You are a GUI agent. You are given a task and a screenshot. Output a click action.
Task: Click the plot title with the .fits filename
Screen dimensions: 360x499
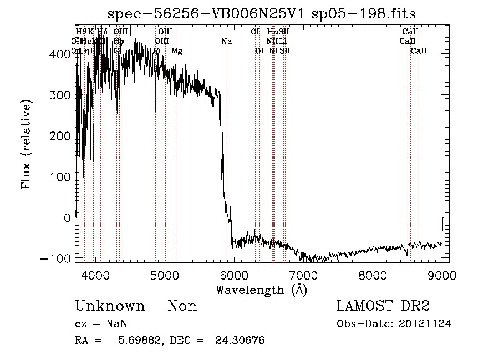(x=261, y=13)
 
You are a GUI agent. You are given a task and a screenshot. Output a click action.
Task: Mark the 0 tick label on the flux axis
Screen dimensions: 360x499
(x=67, y=217)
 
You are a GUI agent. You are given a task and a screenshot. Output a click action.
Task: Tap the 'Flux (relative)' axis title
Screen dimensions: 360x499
(x=27, y=145)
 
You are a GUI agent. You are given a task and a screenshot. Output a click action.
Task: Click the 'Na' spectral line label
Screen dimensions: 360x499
(x=226, y=42)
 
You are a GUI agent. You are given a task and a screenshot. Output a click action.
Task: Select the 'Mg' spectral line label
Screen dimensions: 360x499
(x=176, y=51)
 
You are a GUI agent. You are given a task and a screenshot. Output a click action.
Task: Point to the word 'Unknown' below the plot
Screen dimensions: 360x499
(x=110, y=306)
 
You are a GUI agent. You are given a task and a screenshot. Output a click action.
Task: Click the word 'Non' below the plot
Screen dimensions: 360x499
(x=182, y=306)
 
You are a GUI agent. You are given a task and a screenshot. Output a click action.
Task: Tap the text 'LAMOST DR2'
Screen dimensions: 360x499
(x=384, y=306)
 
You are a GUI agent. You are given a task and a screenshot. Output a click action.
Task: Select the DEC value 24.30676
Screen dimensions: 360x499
(x=240, y=341)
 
